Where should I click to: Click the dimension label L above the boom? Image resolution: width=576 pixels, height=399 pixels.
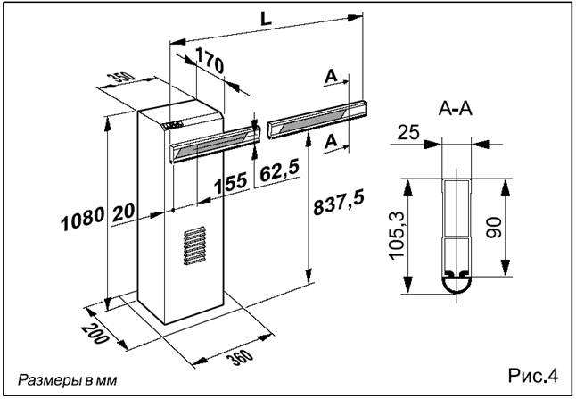[x=266, y=19]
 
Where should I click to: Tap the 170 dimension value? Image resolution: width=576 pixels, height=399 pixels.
[x=209, y=61]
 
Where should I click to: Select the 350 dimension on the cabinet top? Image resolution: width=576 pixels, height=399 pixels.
[x=121, y=79]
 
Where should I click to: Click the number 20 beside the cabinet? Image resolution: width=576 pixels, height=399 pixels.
[x=123, y=212]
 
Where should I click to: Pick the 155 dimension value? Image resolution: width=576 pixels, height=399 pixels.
[x=231, y=183]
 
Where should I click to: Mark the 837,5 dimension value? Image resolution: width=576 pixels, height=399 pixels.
[x=339, y=202]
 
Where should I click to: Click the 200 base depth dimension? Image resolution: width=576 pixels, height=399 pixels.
[x=95, y=333]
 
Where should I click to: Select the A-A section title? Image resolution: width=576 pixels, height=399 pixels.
[x=456, y=109]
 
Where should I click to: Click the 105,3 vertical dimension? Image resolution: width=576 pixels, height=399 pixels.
[x=397, y=236]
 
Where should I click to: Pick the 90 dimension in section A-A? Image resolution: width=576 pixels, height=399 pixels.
[x=494, y=228]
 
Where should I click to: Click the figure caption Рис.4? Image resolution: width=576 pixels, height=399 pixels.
[x=533, y=376]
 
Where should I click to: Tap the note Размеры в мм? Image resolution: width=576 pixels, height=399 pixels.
[x=68, y=380]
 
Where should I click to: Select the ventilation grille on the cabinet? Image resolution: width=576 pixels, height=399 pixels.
[x=194, y=245]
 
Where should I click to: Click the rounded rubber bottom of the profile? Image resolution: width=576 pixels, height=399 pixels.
[x=456, y=284]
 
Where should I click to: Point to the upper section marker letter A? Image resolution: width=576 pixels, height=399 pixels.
[x=331, y=77]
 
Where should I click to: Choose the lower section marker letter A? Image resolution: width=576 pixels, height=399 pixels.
[x=331, y=141]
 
